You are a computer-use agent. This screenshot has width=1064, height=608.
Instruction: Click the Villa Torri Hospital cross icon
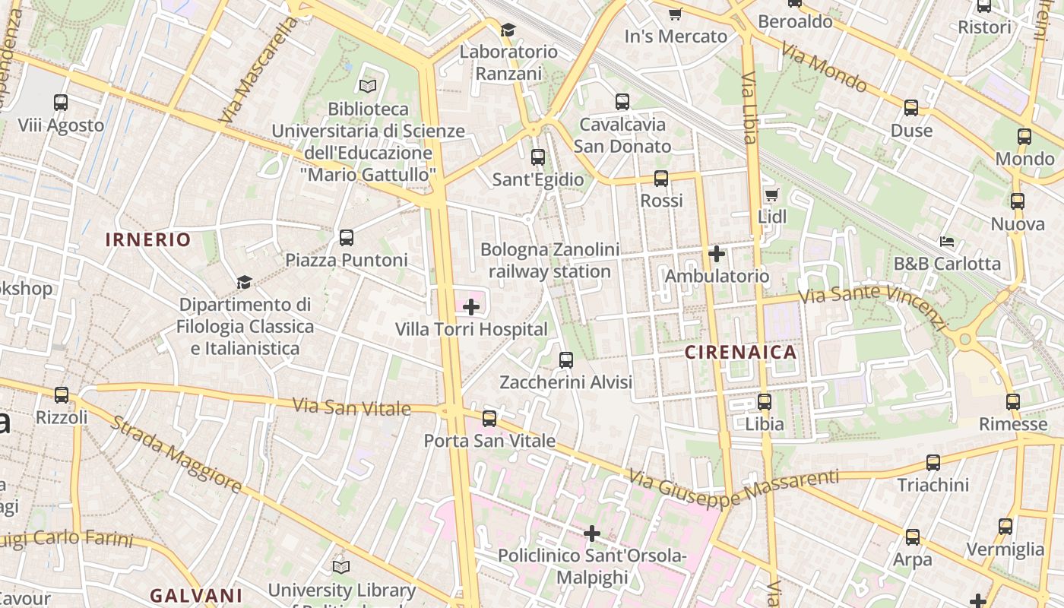pyautogui.click(x=471, y=307)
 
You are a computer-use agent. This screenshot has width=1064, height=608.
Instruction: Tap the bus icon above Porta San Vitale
pyautogui.click(x=489, y=418)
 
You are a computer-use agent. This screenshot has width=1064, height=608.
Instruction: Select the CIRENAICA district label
pyautogui.click(x=741, y=352)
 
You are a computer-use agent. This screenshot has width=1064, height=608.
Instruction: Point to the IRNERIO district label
pyautogui.click(x=148, y=240)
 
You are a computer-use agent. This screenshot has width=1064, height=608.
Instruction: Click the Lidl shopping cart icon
pyautogui.click(x=771, y=195)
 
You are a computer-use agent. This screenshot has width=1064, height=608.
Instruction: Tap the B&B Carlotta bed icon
pyautogui.click(x=946, y=242)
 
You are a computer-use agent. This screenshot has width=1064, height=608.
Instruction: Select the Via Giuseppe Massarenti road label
pyautogui.click(x=733, y=489)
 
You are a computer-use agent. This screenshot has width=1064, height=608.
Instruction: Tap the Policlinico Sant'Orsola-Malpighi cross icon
pyautogui.click(x=592, y=534)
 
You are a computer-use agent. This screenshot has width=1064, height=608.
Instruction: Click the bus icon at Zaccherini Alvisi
pyautogui.click(x=566, y=359)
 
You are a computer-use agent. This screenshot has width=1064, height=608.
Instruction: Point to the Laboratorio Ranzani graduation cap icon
pyautogui.click(x=508, y=30)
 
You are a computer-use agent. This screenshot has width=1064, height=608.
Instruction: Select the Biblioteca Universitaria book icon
pyautogui.click(x=368, y=87)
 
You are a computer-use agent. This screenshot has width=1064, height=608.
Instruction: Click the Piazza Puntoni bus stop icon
pyautogui.click(x=347, y=238)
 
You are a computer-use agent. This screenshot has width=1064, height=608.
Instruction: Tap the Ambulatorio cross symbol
pyautogui.click(x=717, y=254)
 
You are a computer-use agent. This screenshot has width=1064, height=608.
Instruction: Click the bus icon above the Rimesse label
pyautogui.click(x=1013, y=402)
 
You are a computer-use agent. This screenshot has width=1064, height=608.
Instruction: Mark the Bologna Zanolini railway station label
pyautogui.click(x=549, y=261)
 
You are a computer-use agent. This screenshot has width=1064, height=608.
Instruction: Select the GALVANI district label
pyautogui.click(x=196, y=595)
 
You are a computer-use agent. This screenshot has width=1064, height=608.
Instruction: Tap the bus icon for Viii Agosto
pyautogui.click(x=61, y=102)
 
